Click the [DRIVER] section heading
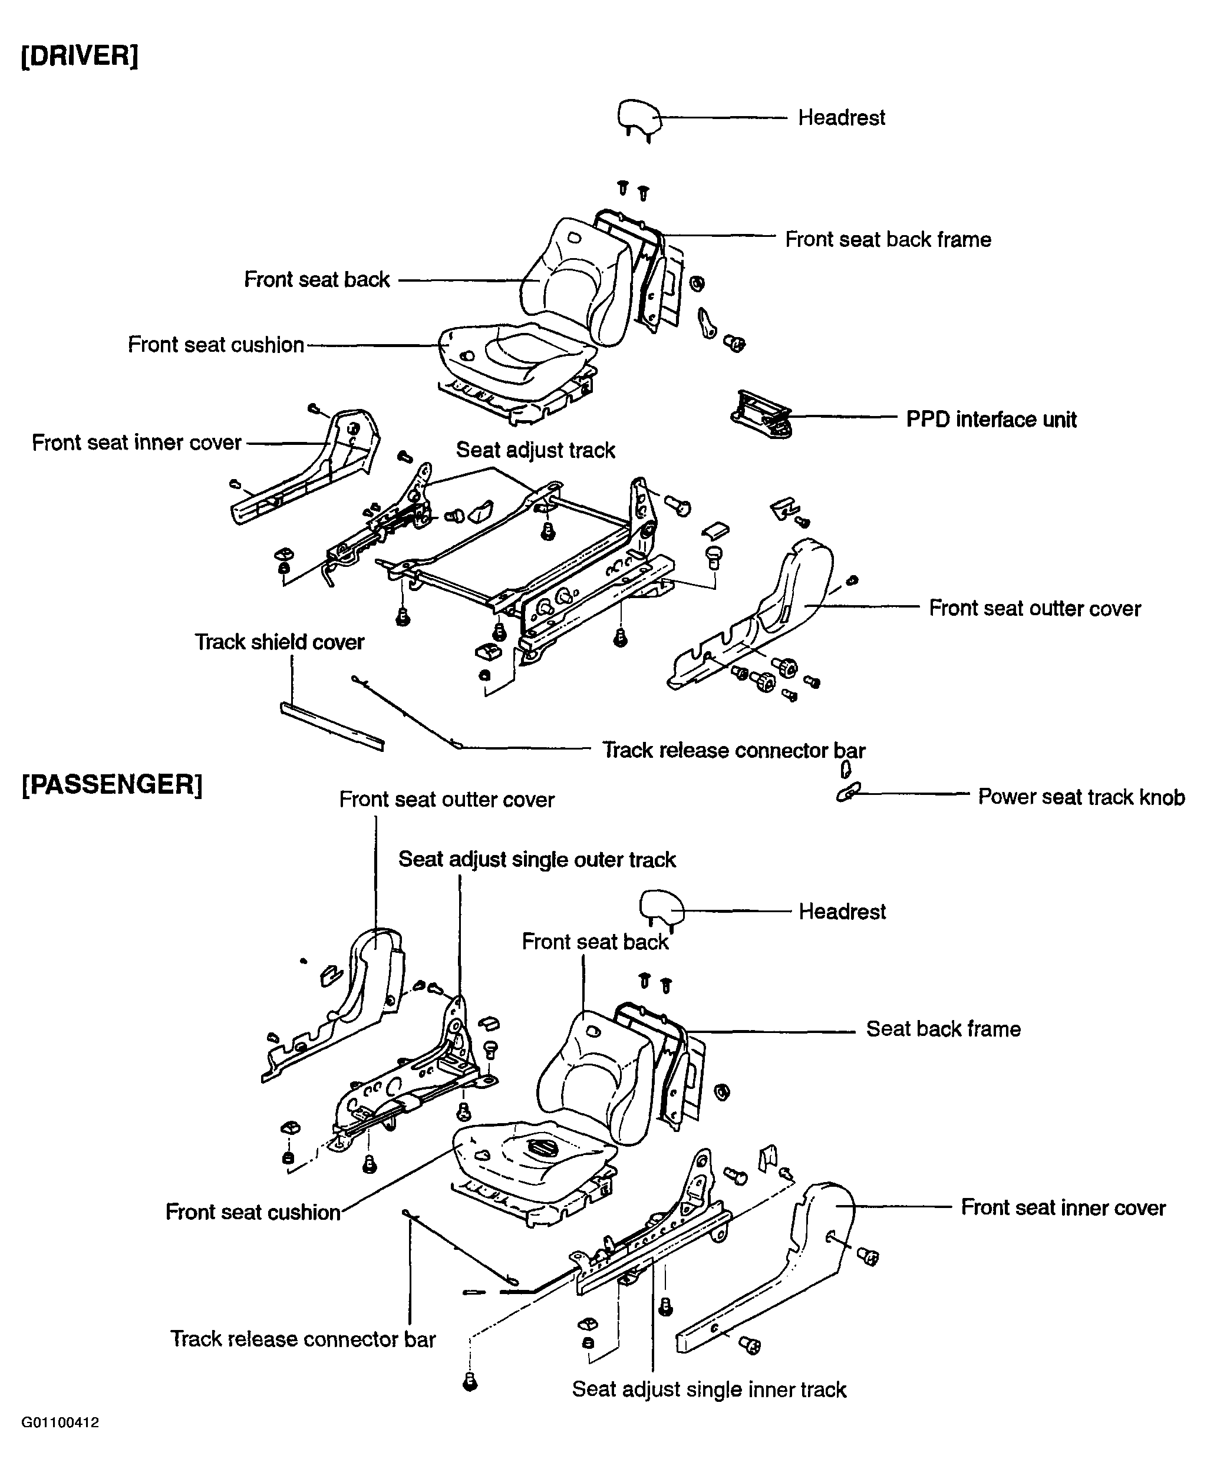point(79,55)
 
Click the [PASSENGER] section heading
point(112,784)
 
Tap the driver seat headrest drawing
point(639,119)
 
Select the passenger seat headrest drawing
point(661,909)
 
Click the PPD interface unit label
point(991,419)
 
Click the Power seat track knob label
point(1081,797)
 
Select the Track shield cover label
point(279,642)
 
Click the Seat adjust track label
point(535,450)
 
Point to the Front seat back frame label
point(888,239)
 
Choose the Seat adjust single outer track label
point(537,860)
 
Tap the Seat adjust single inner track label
point(709,1390)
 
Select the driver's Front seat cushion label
point(216,345)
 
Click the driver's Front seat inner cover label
point(136,443)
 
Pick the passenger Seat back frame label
point(944,1029)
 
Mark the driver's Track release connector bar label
point(734,751)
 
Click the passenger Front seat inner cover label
point(1063,1207)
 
